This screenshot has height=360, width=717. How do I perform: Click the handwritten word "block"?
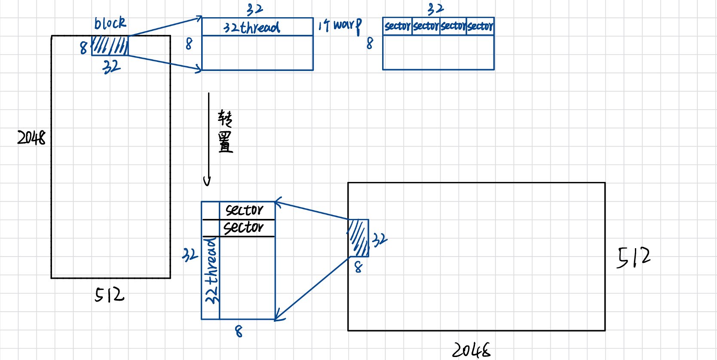click(x=110, y=23)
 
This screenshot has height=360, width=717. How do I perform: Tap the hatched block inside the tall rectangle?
click(x=110, y=46)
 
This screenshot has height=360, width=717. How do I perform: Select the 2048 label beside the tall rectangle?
click(x=31, y=138)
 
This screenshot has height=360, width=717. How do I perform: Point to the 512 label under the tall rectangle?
click(x=109, y=295)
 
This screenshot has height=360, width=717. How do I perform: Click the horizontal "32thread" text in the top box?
click(x=251, y=28)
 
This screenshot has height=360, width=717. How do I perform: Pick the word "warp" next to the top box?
click(x=347, y=25)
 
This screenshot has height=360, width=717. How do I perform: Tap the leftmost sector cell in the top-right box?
click(x=397, y=26)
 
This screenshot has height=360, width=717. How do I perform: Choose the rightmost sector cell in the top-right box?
click(x=480, y=26)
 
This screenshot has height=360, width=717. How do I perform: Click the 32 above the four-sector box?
click(x=435, y=9)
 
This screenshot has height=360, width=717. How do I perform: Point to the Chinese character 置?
click(x=225, y=142)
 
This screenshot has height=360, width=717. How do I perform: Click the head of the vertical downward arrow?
click(x=207, y=182)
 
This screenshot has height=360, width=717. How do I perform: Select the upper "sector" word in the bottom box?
click(x=244, y=210)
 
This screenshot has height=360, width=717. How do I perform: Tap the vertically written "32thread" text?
click(x=211, y=271)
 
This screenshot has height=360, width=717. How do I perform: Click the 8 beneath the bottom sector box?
click(x=239, y=331)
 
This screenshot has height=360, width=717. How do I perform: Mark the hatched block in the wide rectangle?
click(x=358, y=238)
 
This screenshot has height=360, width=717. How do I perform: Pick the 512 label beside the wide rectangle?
click(x=634, y=257)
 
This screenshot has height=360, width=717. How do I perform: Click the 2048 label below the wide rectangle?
click(x=471, y=350)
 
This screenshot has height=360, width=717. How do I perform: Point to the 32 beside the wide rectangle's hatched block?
click(x=380, y=240)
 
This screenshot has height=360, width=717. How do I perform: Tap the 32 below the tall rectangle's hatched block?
click(x=111, y=67)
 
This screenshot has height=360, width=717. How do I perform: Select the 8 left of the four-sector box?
click(x=370, y=43)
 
